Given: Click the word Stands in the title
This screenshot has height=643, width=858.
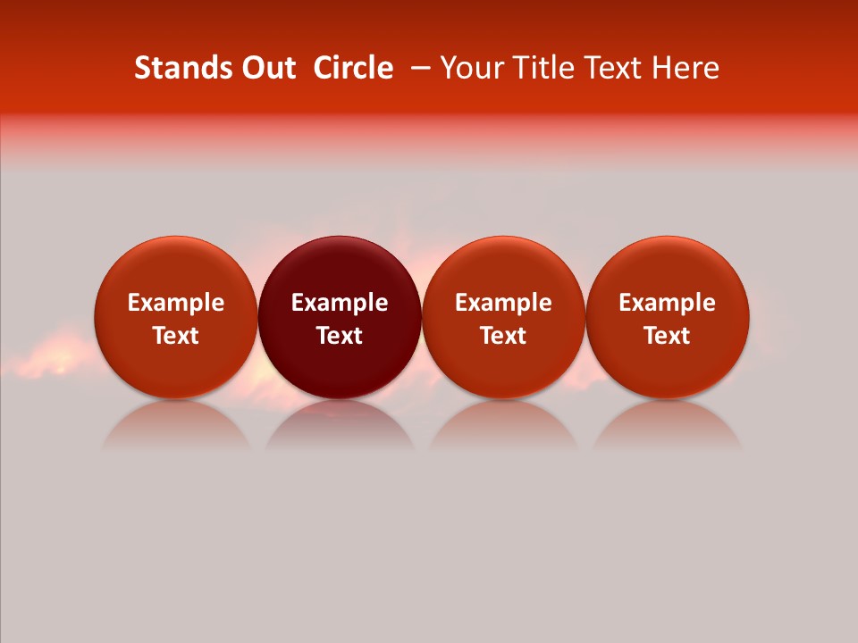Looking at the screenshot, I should click(182, 68).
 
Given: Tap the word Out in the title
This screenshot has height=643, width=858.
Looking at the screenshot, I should click(266, 68).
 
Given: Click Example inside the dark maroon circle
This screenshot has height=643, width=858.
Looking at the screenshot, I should click(340, 303).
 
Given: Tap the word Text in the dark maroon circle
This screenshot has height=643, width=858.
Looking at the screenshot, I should click(340, 336).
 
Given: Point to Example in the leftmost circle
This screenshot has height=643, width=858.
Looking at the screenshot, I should click(175, 303).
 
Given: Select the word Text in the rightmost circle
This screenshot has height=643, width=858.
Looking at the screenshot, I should click(667, 336).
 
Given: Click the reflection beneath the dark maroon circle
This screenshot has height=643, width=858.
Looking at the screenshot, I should click(340, 429).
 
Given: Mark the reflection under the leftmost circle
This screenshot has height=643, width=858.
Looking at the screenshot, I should click(175, 429).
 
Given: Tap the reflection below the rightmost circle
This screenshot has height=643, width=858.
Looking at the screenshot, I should click(667, 429).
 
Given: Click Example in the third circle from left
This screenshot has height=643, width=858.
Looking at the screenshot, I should click(503, 303).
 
